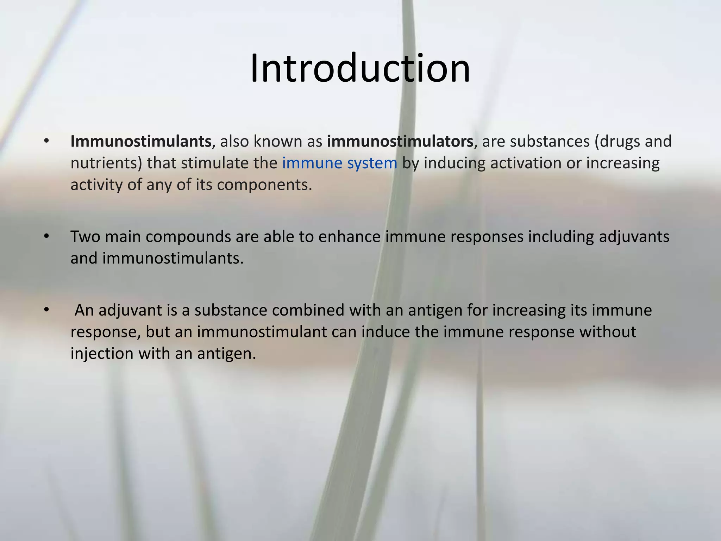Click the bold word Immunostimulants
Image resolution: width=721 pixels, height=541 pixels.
140,142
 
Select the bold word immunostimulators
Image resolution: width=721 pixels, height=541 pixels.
400,142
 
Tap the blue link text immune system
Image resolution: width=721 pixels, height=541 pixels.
340,163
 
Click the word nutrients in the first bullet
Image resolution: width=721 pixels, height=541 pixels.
105,163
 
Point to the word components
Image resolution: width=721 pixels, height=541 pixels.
264,185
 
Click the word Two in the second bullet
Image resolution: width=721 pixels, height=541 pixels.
85,237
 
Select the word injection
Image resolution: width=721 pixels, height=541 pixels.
102,354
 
